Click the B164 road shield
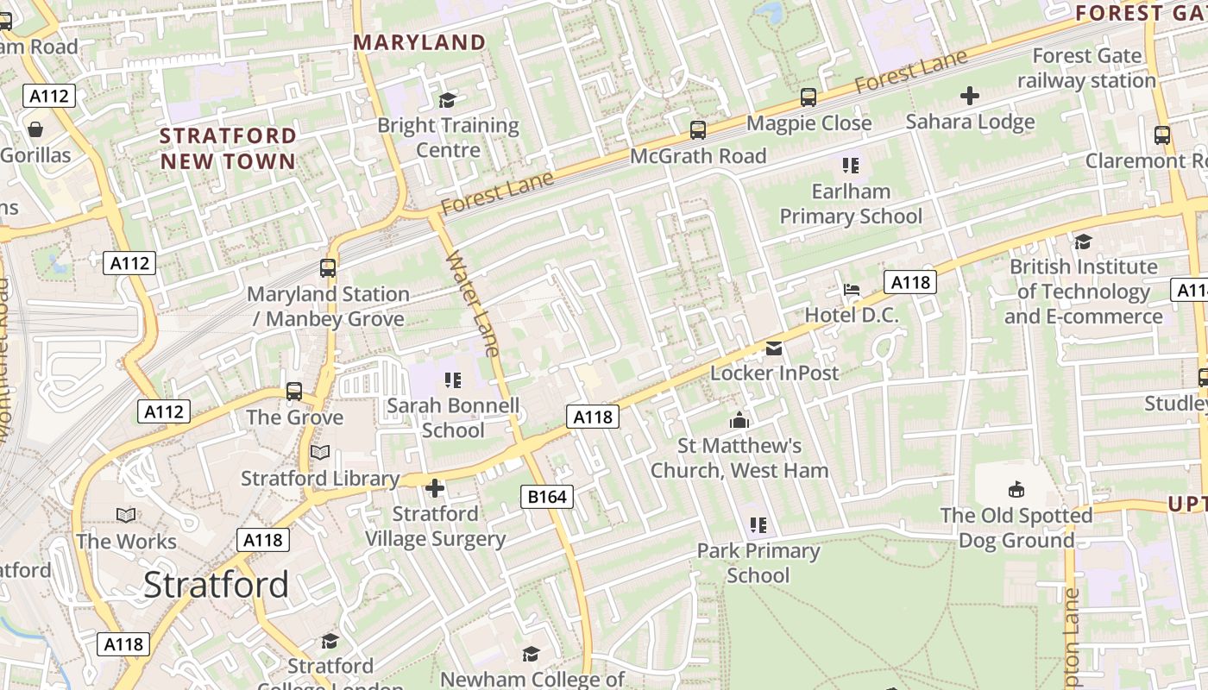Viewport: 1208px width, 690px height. (547, 497)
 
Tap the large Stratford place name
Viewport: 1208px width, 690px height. (216, 585)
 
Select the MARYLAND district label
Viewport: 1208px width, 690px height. (419, 42)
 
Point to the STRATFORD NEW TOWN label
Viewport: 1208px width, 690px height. (228, 148)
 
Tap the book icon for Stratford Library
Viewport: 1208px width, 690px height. (320, 453)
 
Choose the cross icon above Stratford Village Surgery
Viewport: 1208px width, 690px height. (435, 489)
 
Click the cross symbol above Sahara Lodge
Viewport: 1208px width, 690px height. (970, 96)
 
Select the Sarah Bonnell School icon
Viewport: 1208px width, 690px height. (453, 379)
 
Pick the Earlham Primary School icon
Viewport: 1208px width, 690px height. (851, 165)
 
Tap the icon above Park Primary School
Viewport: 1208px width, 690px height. (758, 524)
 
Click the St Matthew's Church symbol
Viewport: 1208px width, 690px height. (739, 421)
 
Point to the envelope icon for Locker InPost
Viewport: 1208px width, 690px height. (774, 348)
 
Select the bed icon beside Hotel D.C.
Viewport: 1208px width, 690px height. (852, 290)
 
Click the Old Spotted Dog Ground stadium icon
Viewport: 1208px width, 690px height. (1016, 490)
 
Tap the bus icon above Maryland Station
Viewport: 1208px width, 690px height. (328, 268)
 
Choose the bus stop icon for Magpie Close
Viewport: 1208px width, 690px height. (808, 97)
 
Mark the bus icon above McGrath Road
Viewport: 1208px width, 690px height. (698, 130)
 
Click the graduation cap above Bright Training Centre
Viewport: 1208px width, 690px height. (447, 100)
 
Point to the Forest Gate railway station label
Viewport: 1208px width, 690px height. (1086, 68)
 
